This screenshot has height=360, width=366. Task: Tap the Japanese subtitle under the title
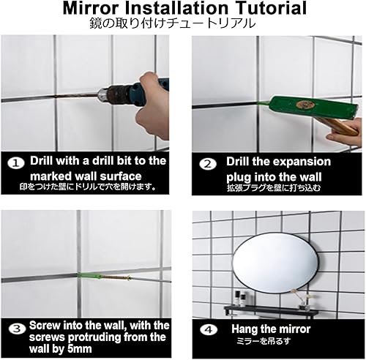(x=182, y=23)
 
